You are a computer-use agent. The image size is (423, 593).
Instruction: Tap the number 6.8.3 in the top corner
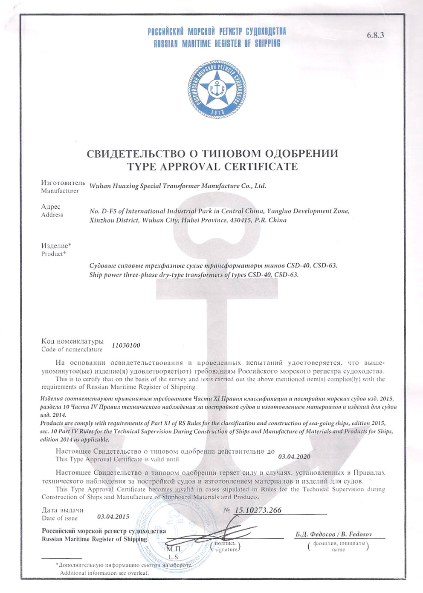pyautogui.click(x=375, y=35)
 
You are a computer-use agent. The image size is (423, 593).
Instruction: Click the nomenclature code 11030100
pyautogui.click(x=126, y=345)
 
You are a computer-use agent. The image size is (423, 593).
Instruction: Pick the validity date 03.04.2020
pyautogui.click(x=294, y=457)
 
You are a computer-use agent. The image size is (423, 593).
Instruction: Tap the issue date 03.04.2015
pyautogui.click(x=113, y=517)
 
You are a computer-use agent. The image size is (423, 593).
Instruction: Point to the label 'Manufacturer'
pyautogui.click(x=60, y=191)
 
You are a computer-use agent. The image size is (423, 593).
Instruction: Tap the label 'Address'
pyautogui.click(x=52, y=215)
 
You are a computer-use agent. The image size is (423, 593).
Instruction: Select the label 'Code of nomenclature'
pyautogui.click(x=72, y=350)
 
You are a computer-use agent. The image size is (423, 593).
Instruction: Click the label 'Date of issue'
pyautogui.click(x=60, y=518)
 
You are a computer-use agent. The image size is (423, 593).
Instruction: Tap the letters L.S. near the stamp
pyautogui.click(x=174, y=557)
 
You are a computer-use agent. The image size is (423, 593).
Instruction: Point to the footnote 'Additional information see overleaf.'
pyautogui.click(x=104, y=573)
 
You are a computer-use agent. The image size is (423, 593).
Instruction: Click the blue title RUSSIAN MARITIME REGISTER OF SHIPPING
pyautogui.click(x=217, y=43)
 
